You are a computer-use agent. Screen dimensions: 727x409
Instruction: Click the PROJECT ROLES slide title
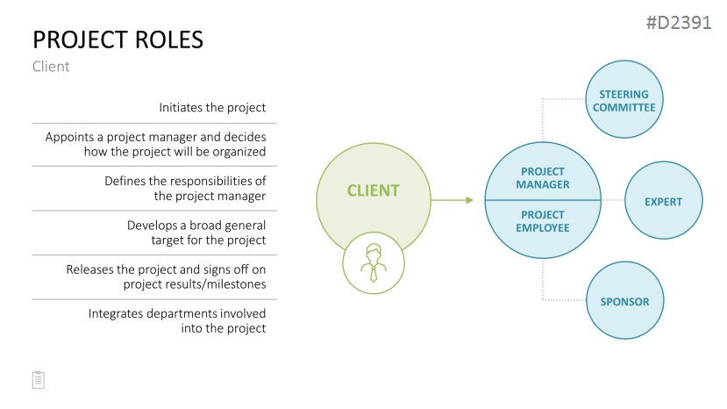click(x=118, y=39)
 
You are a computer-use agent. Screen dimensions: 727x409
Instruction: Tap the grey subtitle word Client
click(x=51, y=67)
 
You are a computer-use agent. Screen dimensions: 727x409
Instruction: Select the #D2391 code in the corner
click(x=679, y=22)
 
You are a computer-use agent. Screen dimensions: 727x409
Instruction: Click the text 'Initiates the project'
click(x=212, y=108)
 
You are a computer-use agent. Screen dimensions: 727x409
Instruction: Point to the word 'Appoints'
click(x=69, y=138)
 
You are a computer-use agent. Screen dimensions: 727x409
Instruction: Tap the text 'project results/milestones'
click(x=195, y=284)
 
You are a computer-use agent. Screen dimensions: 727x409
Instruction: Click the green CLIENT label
click(x=374, y=190)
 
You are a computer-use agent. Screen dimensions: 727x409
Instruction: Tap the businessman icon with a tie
click(x=374, y=263)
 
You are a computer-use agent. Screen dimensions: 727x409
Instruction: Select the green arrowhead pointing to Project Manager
click(x=470, y=200)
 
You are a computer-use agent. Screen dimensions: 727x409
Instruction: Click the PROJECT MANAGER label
click(x=543, y=178)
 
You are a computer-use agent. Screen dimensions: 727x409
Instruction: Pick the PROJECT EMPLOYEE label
click(x=543, y=221)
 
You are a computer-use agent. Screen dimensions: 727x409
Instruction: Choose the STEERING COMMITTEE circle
click(x=624, y=99)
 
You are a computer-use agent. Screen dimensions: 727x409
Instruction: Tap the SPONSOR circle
click(x=624, y=300)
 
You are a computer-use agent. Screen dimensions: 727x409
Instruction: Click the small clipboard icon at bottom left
click(x=39, y=380)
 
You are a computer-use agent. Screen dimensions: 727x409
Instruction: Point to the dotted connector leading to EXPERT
click(x=613, y=200)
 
